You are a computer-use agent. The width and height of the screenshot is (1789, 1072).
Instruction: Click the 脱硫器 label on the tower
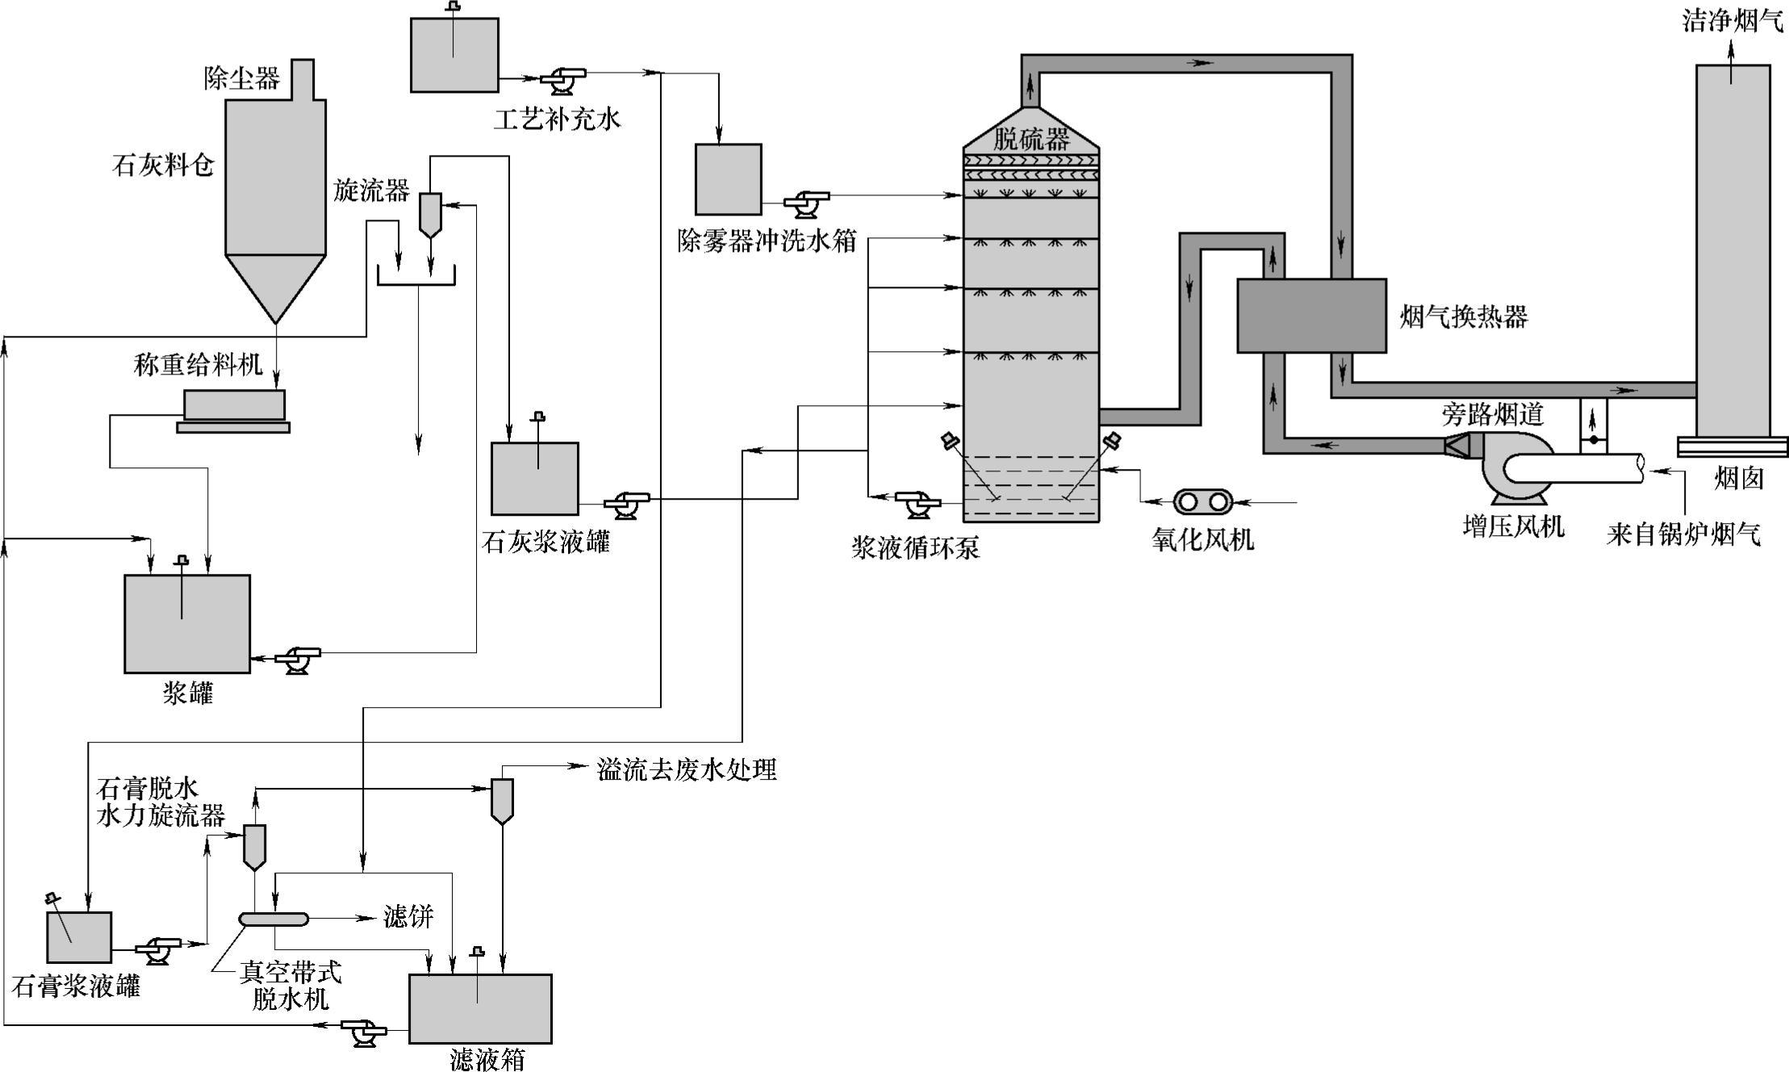coord(1030,139)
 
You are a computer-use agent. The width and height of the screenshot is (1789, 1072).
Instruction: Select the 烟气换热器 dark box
coord(1311,316)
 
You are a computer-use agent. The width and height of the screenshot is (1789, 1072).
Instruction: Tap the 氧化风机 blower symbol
coord(1202,501)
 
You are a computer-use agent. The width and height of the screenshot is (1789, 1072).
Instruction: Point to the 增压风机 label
coord(1513,527)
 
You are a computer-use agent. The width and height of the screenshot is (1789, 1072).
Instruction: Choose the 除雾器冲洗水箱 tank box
coord(728,179)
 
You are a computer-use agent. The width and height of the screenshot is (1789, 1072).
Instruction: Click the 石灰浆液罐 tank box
coord(535,478)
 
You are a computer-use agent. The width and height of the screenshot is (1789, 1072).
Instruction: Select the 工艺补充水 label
coord(557,120)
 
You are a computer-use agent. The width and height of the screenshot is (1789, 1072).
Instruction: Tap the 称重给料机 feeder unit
coord(233,405)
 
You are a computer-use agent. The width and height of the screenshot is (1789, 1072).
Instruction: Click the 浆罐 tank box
coord(187,623)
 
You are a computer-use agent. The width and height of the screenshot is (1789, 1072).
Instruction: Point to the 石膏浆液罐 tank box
coord(79,937)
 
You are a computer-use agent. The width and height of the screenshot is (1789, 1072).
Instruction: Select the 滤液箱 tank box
coord(480,1008)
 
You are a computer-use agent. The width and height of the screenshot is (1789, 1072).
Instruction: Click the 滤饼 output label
coord(408,917)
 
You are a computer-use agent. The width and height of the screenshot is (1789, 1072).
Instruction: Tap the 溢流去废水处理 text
coord(687,769)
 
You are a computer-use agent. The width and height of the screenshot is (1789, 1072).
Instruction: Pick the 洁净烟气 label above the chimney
coord(1732,22)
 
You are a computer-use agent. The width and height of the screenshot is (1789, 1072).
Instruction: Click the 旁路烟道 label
coord(1492,414)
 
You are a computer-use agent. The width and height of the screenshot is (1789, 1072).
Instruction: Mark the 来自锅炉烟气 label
coord(1683,534)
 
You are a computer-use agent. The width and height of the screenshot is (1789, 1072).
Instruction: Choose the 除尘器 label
coord(242,77)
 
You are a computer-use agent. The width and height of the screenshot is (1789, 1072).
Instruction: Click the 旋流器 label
coord(372,191)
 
